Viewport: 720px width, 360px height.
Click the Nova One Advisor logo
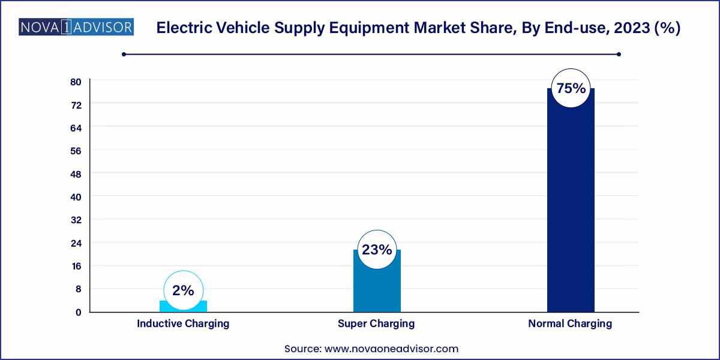76,28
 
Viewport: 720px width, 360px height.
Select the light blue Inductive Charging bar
183,306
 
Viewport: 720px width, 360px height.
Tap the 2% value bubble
183,290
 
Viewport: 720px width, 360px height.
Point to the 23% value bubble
377,250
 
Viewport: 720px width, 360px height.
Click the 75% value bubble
571,88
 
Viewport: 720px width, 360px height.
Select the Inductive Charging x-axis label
183,323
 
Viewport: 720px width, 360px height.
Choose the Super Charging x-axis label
377,323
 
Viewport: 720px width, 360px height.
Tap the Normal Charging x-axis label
570,323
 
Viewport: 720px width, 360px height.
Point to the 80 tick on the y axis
76,82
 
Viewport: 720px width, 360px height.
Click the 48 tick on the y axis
76,174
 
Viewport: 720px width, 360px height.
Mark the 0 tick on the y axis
78,312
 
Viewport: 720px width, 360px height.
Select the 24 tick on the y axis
76,243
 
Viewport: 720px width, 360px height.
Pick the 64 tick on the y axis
76,128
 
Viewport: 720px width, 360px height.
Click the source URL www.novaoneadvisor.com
391,348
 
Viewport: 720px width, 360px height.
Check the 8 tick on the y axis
78,289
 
